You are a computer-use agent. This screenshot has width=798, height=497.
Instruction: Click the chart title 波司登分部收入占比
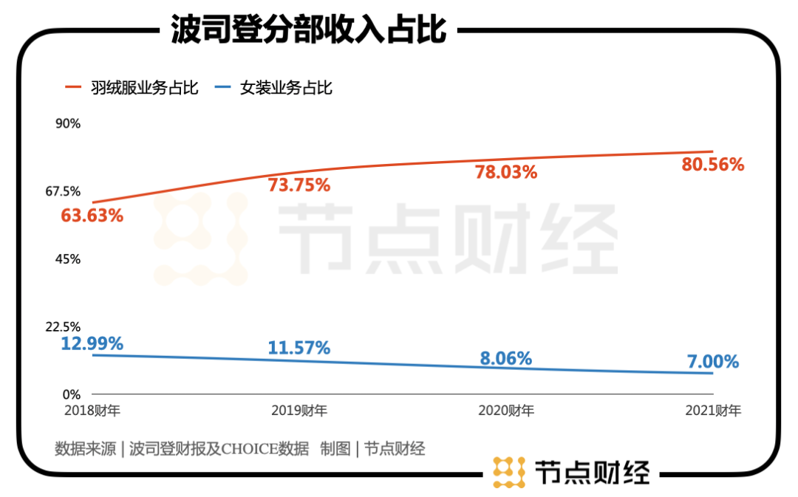click(308, 31)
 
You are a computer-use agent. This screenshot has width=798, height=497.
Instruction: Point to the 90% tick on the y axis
click(68, 123)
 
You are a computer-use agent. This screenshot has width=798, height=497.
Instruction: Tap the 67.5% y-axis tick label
click(63, 191)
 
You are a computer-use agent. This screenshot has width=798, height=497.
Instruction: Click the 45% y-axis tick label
click(68, 259)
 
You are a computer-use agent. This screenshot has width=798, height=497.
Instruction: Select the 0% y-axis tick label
click(71, 395)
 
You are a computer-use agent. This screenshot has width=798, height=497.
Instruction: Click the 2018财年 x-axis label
click(92, 411)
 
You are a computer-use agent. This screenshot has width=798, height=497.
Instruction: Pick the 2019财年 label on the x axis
click(299, 411)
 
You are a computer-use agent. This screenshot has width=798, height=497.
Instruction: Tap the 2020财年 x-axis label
click(506, 411)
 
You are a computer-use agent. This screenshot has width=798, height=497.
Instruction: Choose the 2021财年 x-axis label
click(713, 411)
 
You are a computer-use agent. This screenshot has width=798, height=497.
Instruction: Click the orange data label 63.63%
click(92, 216)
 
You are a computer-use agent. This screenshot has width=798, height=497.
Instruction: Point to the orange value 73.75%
click(299, 185)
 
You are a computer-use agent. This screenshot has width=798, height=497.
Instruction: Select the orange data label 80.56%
click(713, 165)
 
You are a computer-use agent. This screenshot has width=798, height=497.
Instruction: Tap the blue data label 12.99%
click(92, 343)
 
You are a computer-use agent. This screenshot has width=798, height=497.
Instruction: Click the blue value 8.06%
click(506, 359)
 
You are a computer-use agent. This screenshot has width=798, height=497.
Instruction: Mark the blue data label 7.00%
click(713, 362)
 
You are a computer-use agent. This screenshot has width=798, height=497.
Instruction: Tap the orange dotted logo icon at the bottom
click(508, 472)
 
